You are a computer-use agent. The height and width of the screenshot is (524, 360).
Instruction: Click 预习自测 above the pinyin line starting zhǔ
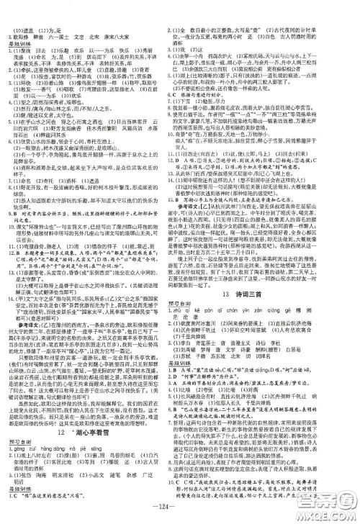(198, 306)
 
